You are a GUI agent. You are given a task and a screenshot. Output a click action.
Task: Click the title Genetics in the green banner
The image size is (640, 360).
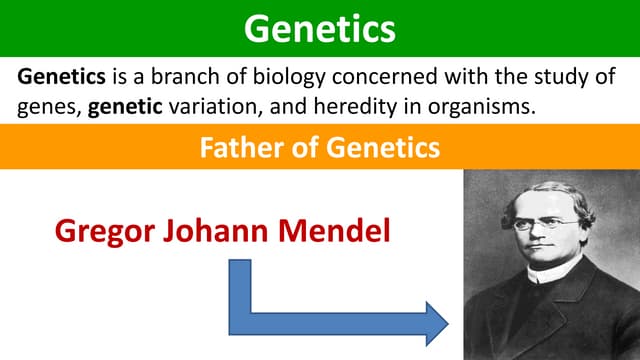(x=319, y=28)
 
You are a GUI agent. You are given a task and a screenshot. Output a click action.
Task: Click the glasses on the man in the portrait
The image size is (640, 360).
(x=544, y=222)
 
